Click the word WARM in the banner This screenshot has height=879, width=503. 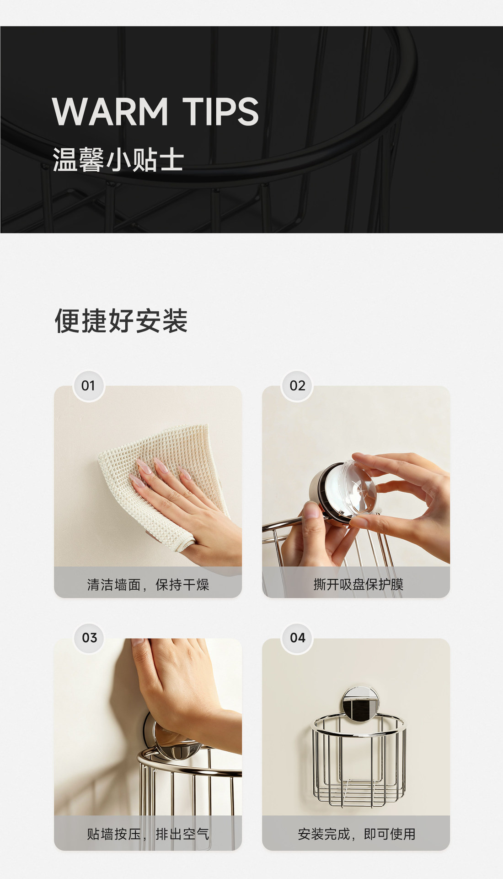(110, 111)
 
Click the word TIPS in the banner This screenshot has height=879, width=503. (221, 111)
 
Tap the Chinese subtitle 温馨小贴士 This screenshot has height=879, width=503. (118, 160)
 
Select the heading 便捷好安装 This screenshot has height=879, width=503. (121, 320)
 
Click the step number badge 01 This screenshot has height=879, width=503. (89, 386)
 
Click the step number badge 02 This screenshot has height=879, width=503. (297, 386)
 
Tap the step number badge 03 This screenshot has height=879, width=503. (89, 638)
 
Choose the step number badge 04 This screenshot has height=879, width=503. (297, 638)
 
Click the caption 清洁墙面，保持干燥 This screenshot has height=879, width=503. (148, 585)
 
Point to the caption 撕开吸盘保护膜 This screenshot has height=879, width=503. (358, 585)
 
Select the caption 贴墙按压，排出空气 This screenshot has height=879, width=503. (148, 834)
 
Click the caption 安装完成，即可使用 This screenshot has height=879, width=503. (357, 834)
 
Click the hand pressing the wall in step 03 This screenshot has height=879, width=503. (183, 687)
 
